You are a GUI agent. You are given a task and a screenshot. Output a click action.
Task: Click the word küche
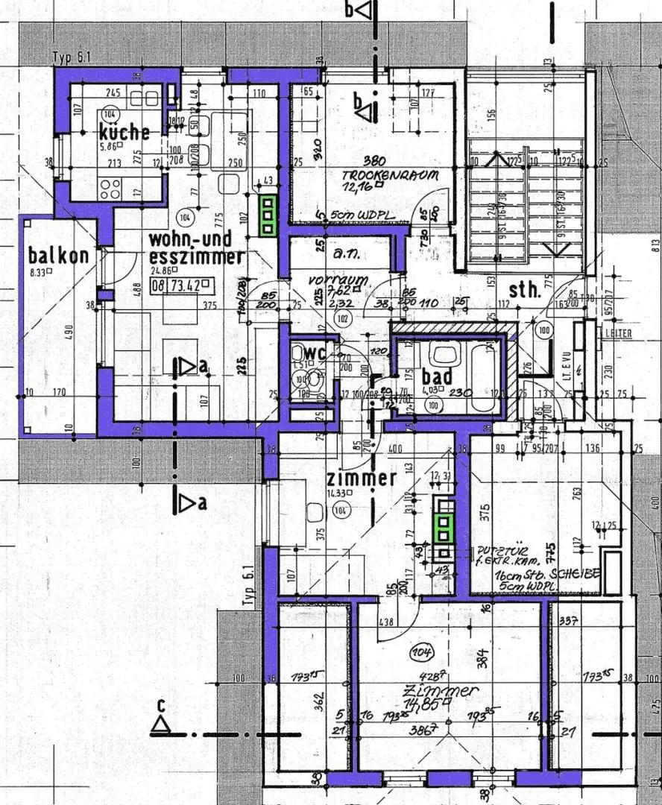coord(124,133)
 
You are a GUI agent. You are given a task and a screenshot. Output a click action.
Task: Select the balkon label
coord(58,255)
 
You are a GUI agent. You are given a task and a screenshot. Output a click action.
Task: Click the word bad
coord(436,377)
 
